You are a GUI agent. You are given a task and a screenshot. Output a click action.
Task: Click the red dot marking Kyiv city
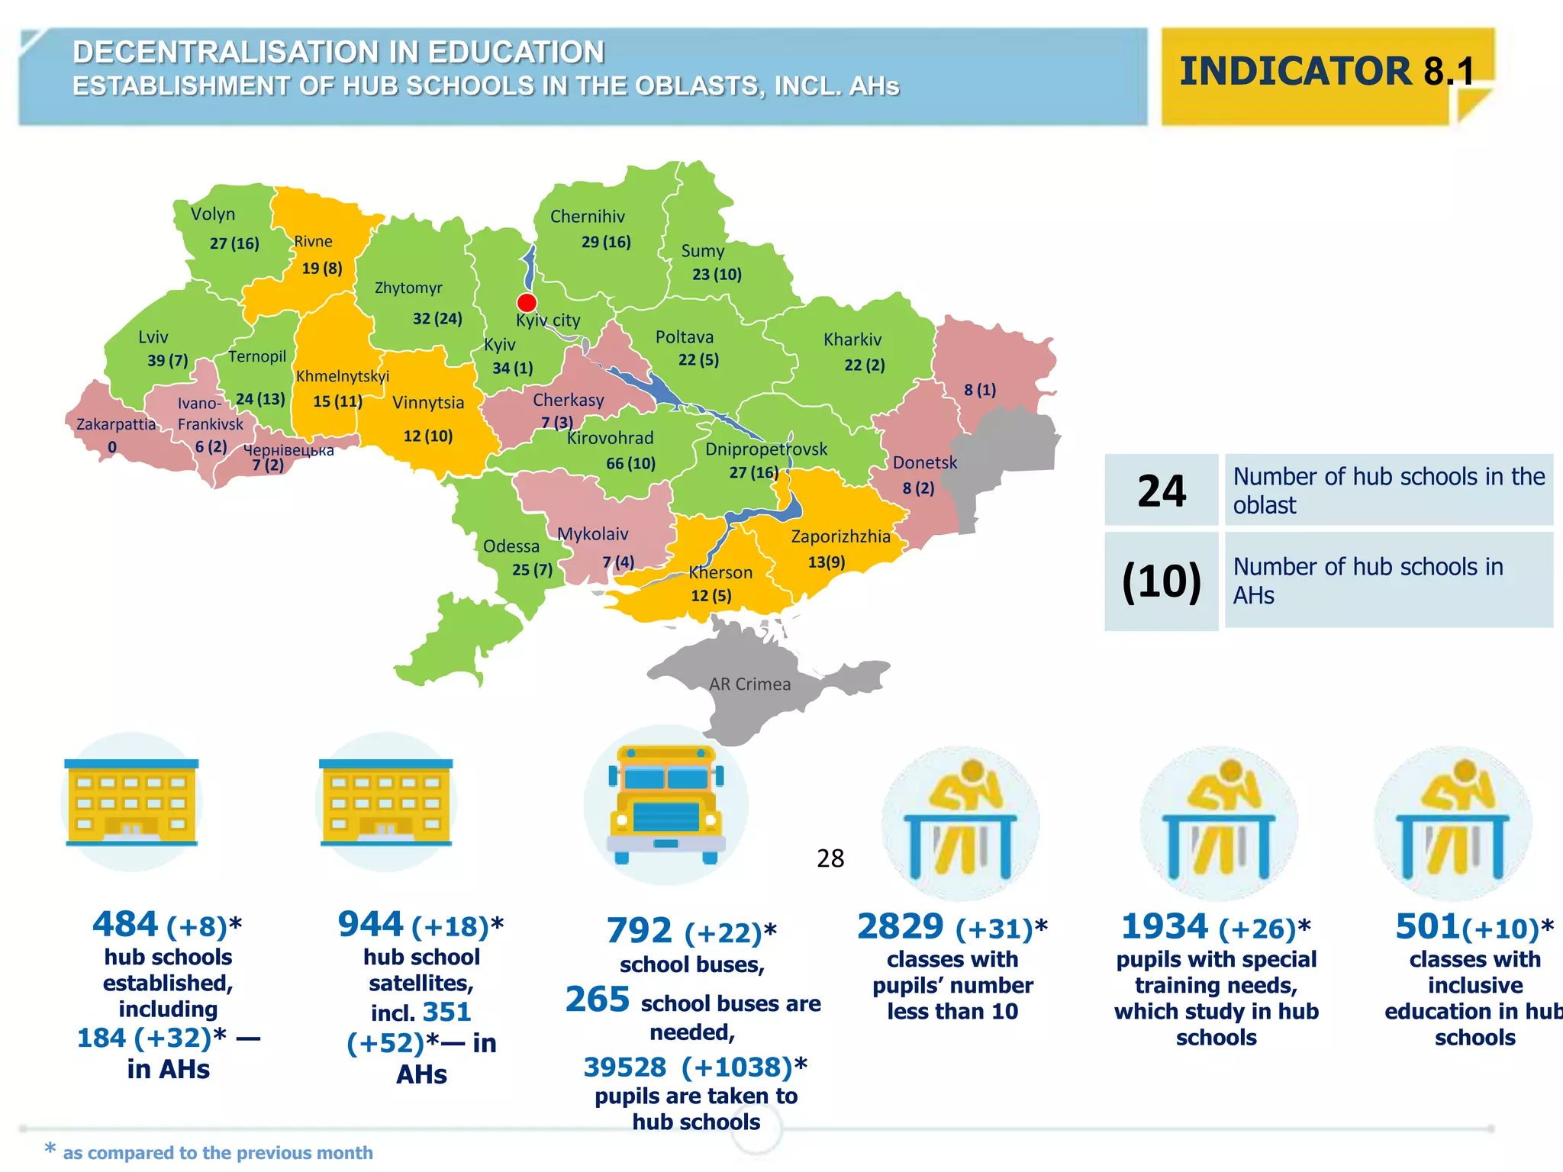tap(527, 302)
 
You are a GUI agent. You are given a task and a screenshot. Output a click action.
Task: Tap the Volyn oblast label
tap(213, 214)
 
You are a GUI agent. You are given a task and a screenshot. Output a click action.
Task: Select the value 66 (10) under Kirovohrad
tap(630, 463)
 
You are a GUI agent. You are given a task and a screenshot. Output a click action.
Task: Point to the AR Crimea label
tap(749, 684)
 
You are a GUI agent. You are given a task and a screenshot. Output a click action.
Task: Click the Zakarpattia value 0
tap(112, 447)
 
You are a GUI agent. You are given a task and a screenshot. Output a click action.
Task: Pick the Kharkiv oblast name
tap(852, 340)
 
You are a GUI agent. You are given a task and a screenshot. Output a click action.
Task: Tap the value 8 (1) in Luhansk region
tap(980, 390)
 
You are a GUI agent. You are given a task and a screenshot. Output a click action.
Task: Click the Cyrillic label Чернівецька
tap(288, 450)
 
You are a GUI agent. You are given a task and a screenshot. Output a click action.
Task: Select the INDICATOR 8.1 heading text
tap(1326, 72)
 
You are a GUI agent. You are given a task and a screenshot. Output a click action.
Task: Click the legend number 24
tap(1162, 491)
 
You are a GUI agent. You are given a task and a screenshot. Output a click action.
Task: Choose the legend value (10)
tap(1162, 581)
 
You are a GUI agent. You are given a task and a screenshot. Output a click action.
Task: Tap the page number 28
tap(830, 858)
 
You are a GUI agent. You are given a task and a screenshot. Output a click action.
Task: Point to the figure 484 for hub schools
tap(125, 925)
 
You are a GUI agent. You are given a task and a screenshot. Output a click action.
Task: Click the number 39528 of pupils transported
tap(625, 1067)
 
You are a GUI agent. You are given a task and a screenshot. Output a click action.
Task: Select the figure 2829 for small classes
tap(901, 927)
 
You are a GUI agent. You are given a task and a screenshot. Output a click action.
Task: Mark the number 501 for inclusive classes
tap(1427, 927)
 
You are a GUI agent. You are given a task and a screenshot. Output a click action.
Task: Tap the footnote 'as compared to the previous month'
tap(218, 1152)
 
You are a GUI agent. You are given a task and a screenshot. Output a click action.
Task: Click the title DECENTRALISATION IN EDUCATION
tap(338, 53)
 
